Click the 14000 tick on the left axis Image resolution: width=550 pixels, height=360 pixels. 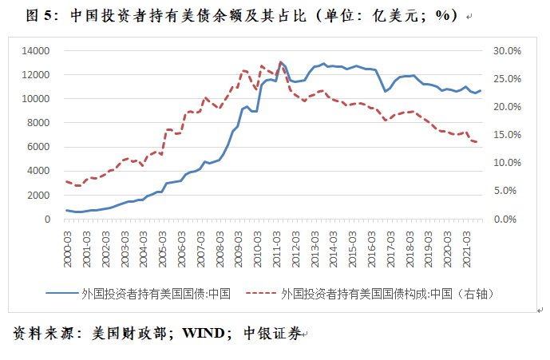[35, 51]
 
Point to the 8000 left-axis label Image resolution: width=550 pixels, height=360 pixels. [38, 123]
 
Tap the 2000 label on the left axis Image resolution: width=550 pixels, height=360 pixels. [38, 195]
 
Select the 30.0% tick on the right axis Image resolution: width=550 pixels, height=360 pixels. [507, 51]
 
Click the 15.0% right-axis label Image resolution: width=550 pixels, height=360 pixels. [507, 135]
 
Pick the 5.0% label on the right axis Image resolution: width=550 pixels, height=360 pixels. [505, 191]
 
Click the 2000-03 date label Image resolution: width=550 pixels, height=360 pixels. [67, 249]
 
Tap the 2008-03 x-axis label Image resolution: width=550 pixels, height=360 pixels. [220, 249]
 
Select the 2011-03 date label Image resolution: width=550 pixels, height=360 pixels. [277, 249]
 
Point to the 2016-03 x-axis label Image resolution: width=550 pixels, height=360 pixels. [372, 249]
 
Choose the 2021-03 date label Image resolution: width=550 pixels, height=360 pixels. [467, 249]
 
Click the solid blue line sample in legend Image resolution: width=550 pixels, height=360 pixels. [61, 293]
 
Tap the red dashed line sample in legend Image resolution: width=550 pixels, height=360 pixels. [261, 293]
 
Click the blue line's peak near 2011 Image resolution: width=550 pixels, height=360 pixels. [280, 62]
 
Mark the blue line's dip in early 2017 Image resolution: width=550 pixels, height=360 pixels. [385, 91]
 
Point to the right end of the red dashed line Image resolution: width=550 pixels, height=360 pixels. [477, 142]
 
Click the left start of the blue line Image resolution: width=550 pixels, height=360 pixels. [66, 210]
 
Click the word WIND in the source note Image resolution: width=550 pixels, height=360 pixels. [204, 333]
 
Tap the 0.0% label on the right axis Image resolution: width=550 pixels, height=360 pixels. [505, 220]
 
